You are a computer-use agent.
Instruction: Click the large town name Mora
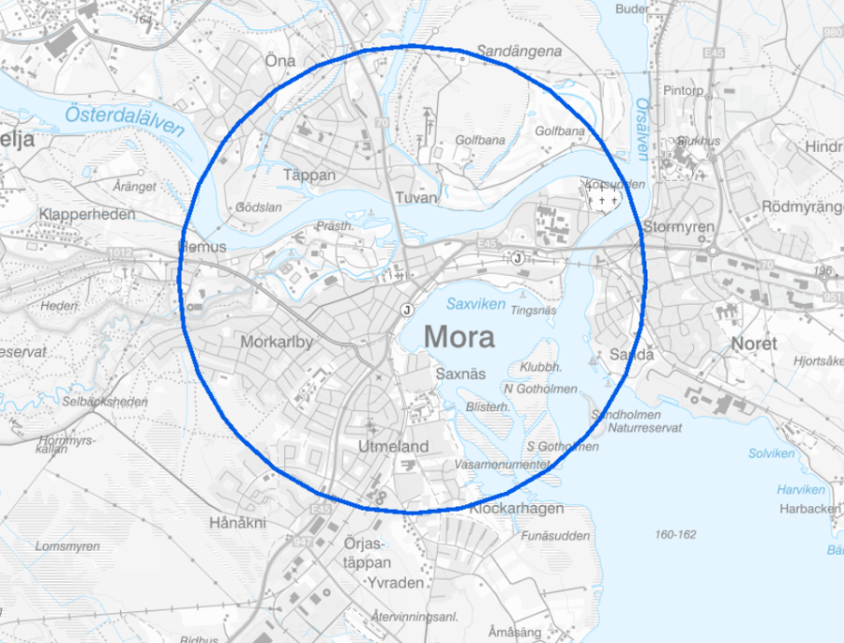pyautogui.click(x=459, y=337)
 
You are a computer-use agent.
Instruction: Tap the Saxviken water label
pyautogui.click(x=475, y=304)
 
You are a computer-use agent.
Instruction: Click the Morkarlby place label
pyautogui.click(x=277, y=343)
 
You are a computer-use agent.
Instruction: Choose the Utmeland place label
pyautogui.click(x=393, y=447)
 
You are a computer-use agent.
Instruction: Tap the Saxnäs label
pyautogui.click(x=461, y=374)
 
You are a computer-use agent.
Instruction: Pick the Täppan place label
pyautogui.click(x=309, y=174)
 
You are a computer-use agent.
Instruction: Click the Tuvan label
pyautogui.click(x=416, y=197)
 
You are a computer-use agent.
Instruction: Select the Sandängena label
pyautogui.click(x=520, y=52)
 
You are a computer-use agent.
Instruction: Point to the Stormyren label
pyautogui.click(x=680, y=227)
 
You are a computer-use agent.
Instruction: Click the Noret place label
pyautogui.click(x=755, y=344)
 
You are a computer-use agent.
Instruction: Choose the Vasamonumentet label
pyautogui.click(x=501, y=465)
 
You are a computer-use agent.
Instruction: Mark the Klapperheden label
pyautogui.click(x=87, y=214)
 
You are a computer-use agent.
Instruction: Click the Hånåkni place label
pyautogui.click(x=238, y=522)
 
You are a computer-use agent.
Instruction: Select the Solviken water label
pyautogui.click(x=771, y=453)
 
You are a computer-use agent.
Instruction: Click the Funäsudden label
pyautogui.click(x=554, y=536)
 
